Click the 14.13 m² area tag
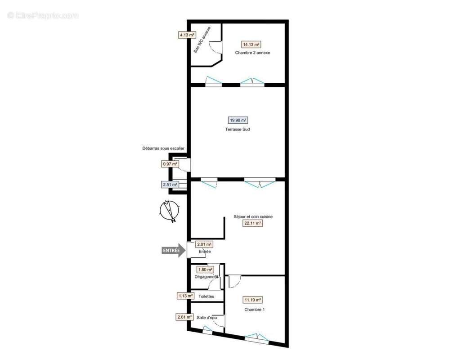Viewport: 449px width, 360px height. [x=251, y=45]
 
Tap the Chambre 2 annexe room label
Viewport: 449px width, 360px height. [x=252, y=53]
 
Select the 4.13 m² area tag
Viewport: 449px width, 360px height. [x=187, y=34]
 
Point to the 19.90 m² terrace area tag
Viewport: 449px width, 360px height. [x=238, y=120]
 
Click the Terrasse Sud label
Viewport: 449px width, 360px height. [x=238, y=129]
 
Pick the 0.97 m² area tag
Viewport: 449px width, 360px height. [x=170, y=164]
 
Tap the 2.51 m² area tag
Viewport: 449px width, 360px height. [x=170, y=184]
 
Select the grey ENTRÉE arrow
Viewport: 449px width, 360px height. [x=174, y=250]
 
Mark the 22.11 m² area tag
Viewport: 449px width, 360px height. [x=253, y=223]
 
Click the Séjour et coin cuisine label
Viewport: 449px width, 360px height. [x=253, y=216]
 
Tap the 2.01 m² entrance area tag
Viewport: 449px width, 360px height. [x=205, y=244]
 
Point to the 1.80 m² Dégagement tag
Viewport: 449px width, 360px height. [x=205, y=270]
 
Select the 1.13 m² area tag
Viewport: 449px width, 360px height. [x=185, y=296]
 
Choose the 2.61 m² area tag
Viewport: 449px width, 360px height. [x=184, y=317]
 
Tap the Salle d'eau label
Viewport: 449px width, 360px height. [x=207, y=317]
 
